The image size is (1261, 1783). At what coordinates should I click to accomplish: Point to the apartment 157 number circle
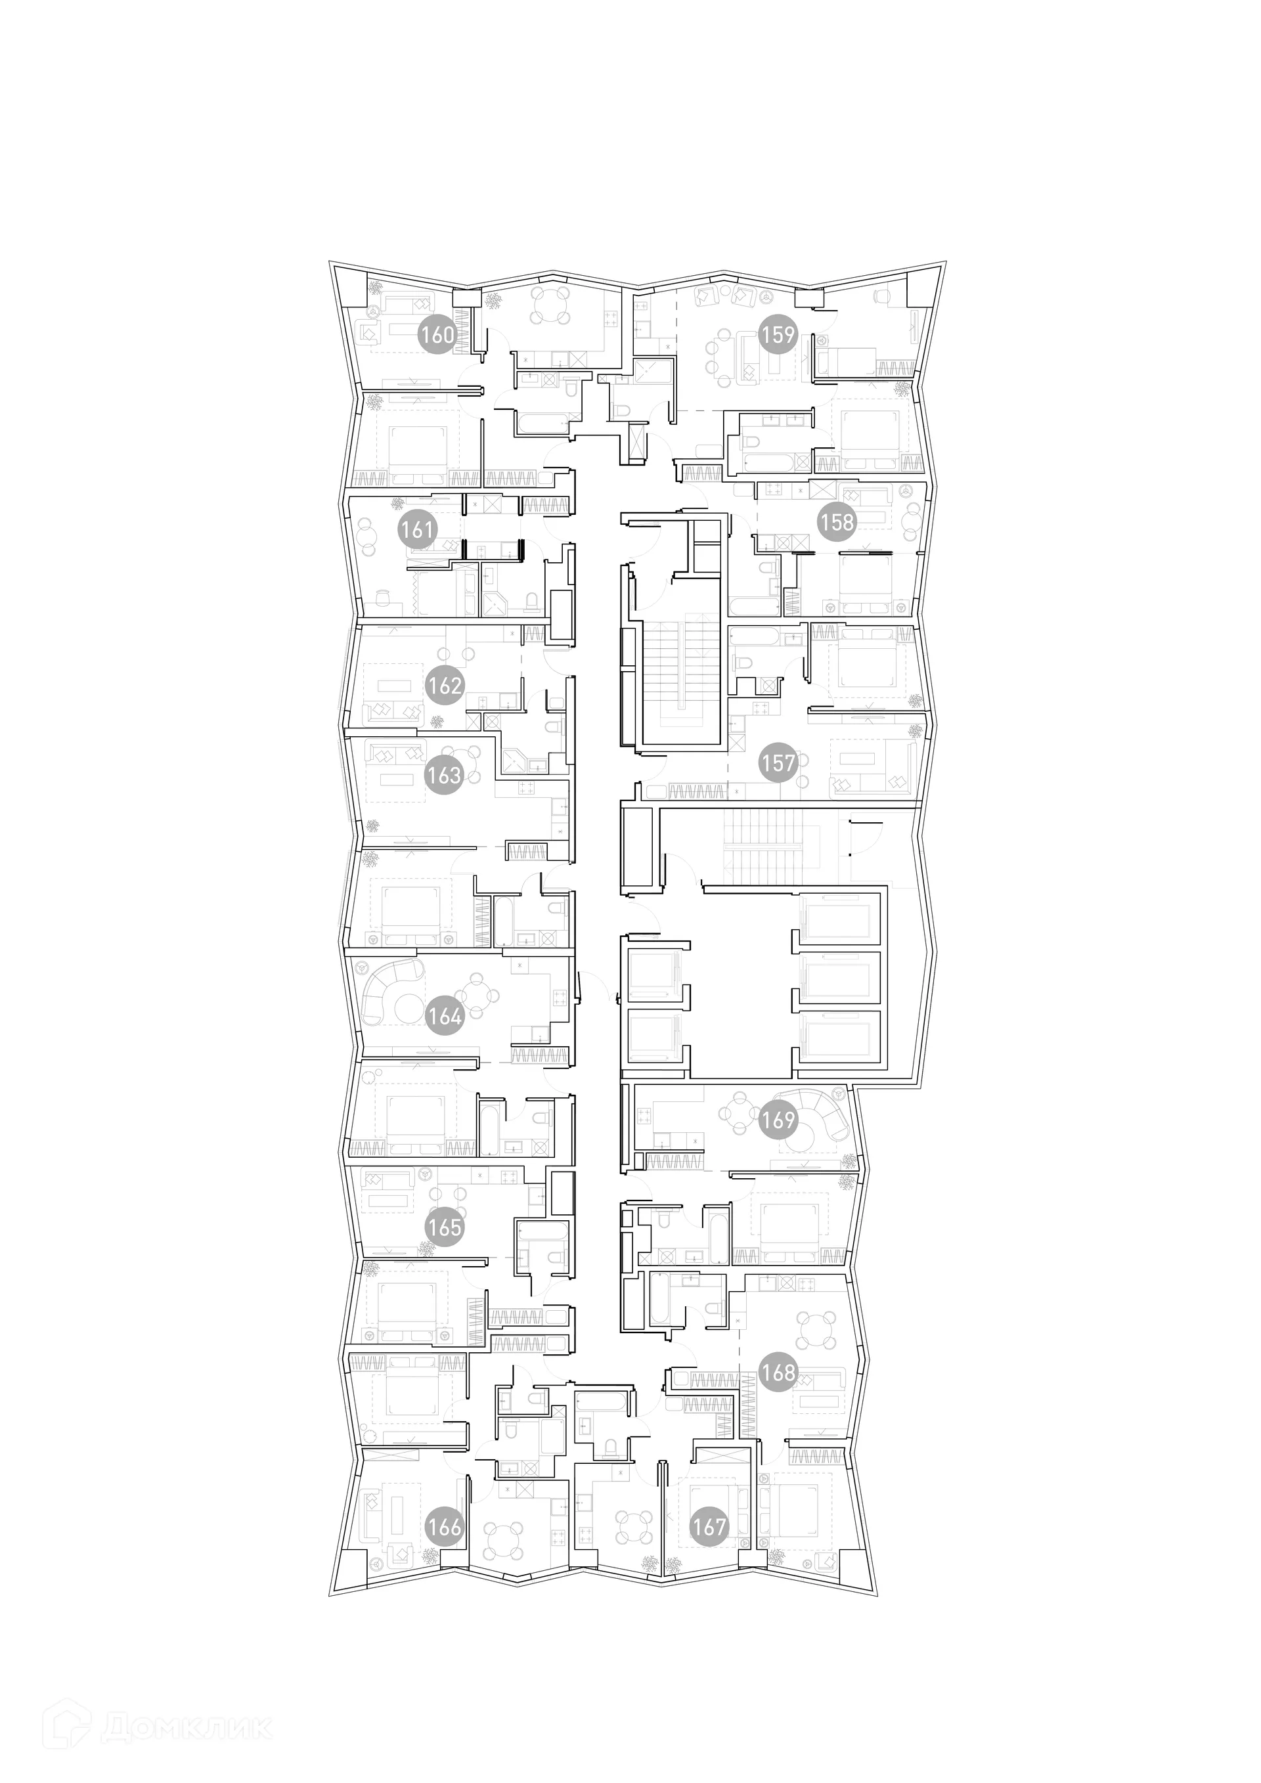(x=778, y=763)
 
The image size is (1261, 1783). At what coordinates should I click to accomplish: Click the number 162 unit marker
(x=445, y=686)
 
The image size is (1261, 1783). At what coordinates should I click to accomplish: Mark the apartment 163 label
(x=444, y=775)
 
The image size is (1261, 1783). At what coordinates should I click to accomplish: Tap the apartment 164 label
(x=445, y=1016)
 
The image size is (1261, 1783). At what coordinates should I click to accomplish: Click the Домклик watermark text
(x=187, y=1706)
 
